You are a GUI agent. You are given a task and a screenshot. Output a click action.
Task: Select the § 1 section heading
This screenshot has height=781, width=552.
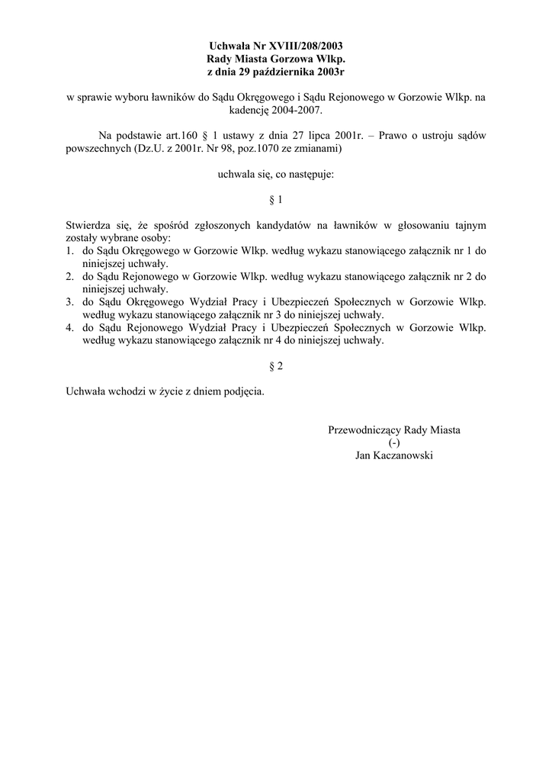click(276, 200)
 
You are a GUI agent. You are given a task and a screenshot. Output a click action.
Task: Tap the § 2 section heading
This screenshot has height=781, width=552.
click(276, 366)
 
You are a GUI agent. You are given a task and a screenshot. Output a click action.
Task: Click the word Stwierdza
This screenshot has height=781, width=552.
click(87, 226)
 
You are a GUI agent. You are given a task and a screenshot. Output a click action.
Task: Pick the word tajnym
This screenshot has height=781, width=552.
click(468, 226)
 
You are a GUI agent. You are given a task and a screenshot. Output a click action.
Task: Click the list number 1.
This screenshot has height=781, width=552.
click(69, 251)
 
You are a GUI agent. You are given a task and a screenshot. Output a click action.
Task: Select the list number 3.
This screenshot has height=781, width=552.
click(69, 302)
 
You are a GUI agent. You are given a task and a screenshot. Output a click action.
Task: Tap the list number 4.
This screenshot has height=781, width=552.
click(69, 328)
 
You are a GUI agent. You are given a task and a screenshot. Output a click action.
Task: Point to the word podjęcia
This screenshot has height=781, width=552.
click(242, 392)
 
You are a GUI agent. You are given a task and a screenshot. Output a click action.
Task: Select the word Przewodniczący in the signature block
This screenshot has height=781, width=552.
click(363, 430)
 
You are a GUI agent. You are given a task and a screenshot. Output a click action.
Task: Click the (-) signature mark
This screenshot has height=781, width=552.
click(393, 443)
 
